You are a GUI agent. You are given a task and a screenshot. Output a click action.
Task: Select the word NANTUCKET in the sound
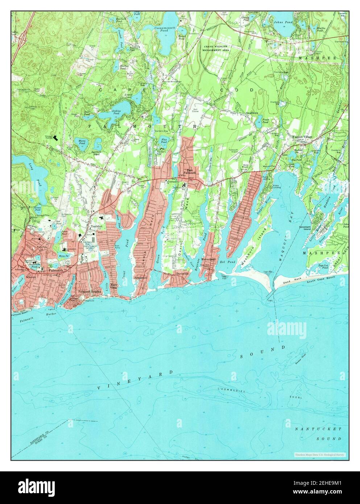point(318,429)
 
